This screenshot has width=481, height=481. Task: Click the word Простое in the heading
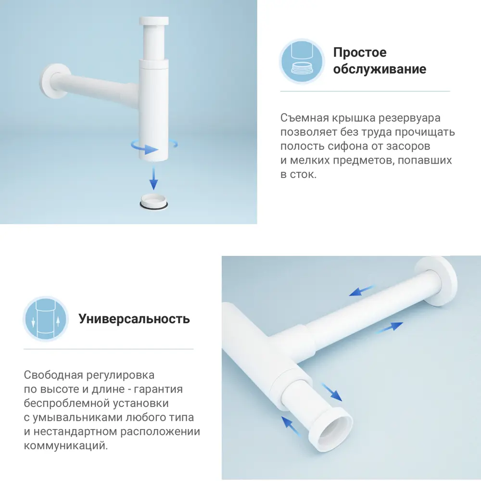click(x=360, y=52)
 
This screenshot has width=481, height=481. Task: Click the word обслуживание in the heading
click(x=380, y=69)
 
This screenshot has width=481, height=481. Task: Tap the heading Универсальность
click(x=134, y=319)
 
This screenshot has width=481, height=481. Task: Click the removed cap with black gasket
click(x=154, y=202)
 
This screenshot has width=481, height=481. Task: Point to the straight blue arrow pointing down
click(x=153, y=177)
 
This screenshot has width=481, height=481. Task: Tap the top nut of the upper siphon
click(x=154, y=22)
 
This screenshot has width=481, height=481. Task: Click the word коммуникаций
click(x=65, y=446)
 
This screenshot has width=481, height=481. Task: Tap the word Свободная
click(x=51, y=375)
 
